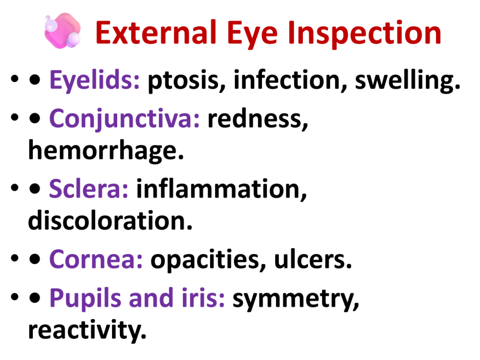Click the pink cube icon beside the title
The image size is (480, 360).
pos(63,30)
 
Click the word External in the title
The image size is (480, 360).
pos(156,32)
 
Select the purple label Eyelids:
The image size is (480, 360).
pos(94,80)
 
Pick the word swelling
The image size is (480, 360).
pos(408,81)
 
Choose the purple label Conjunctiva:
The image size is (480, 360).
pos(124,119)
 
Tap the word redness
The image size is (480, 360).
pos(258,119)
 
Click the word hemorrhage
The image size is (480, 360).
pos(106,150)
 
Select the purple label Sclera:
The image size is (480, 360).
pos(89,189)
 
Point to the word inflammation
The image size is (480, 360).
pos(221,189)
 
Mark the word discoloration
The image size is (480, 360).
pos(110,220)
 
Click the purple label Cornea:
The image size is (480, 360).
pos(96,260)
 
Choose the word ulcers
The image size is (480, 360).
pos(313,260)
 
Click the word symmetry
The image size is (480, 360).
pos(296,300)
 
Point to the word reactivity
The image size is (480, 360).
pos(87,330)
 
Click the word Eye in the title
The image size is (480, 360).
pos(252,34)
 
